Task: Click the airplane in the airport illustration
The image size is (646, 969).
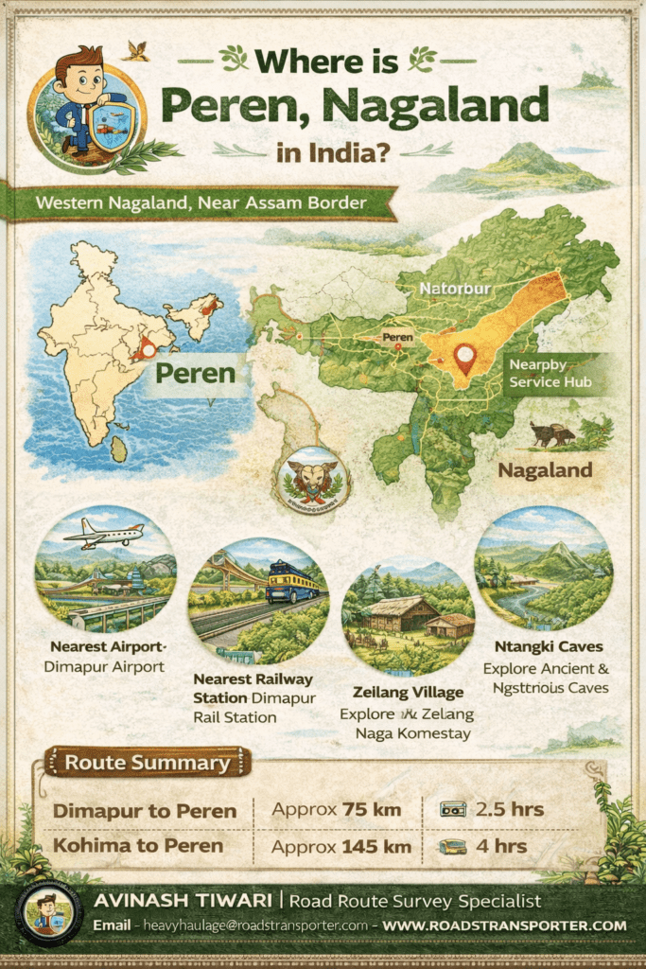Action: [x=105, y=535]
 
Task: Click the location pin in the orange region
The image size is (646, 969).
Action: [x=463, y=359]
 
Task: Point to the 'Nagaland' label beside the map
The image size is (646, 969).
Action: [x=546, y=469]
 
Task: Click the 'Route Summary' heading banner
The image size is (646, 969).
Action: [x=147, y=763]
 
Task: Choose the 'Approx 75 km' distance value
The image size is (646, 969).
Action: [x=336, y=810]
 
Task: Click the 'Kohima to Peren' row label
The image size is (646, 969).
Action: [x=138, y=846]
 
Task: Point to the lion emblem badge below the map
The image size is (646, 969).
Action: [x=312, y=479]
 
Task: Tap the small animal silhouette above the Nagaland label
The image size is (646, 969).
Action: [x=552, y=433]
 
